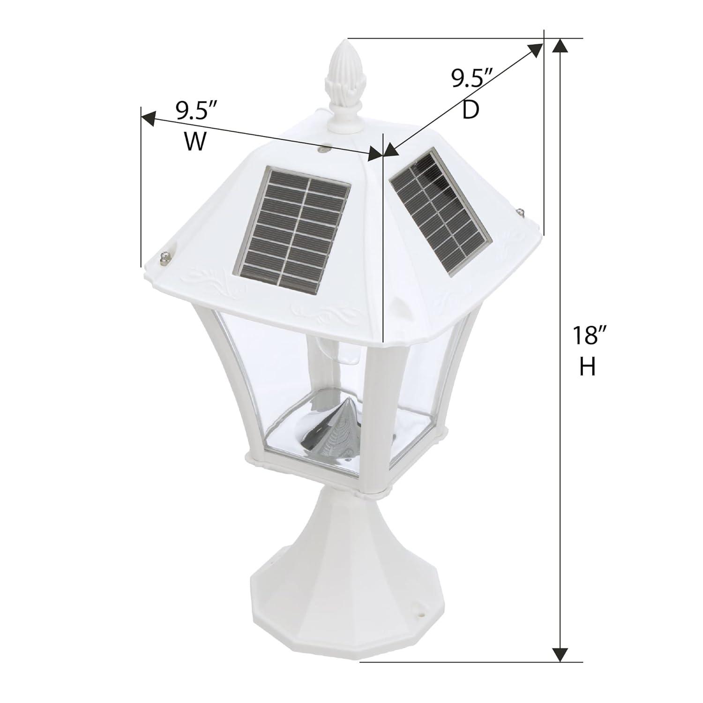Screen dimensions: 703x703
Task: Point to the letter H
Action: coord(587,367)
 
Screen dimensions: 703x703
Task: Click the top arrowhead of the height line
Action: coord(560,46)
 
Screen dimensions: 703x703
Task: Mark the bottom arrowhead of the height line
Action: coord(560,654)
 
